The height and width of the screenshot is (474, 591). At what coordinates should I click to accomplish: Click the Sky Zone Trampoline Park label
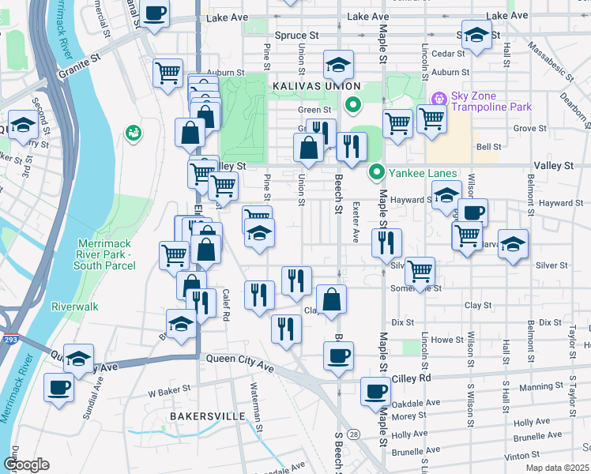[490, 102]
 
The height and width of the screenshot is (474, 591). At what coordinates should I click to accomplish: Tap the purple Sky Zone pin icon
[439, 100]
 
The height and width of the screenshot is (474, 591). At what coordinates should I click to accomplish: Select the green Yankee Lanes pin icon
[378, 171]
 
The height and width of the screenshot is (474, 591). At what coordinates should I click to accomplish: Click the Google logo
[26, 465]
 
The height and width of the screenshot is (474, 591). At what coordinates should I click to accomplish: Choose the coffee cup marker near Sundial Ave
[60, 389]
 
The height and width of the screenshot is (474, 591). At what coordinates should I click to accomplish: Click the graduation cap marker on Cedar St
[476, 36]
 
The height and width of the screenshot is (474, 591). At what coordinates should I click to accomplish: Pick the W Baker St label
[170, 389]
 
